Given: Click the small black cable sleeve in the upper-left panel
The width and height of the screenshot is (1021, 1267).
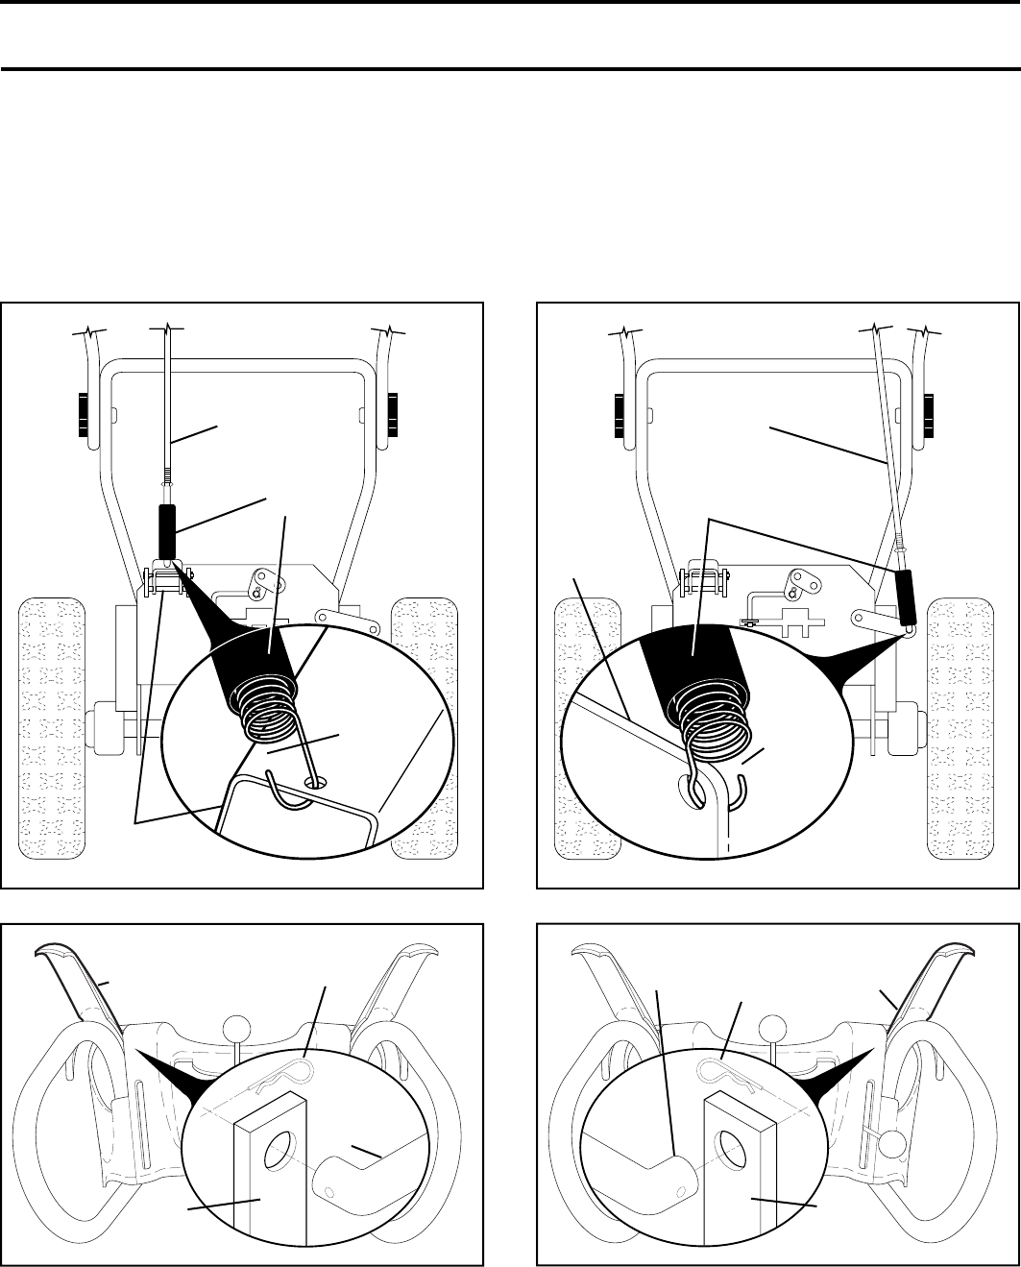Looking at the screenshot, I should tap(165, 527).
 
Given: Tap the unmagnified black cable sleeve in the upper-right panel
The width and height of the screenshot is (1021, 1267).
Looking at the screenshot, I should tap(904, 597).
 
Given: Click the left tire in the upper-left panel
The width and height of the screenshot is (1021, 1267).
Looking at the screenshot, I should tap(54, 726).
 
